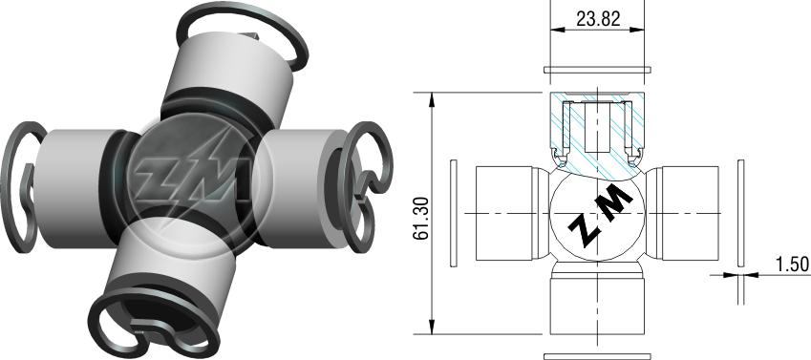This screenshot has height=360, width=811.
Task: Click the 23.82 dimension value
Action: [x=598, y=19]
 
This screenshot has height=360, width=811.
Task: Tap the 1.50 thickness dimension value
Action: [x=792, y=265]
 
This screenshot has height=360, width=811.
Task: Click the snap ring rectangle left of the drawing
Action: [x=454, y=213]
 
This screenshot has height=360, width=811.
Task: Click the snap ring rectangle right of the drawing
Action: [x=740, y=213]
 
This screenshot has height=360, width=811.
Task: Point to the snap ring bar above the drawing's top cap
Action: [x=597, y=70]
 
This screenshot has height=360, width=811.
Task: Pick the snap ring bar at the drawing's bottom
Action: [x=597, y=356]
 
